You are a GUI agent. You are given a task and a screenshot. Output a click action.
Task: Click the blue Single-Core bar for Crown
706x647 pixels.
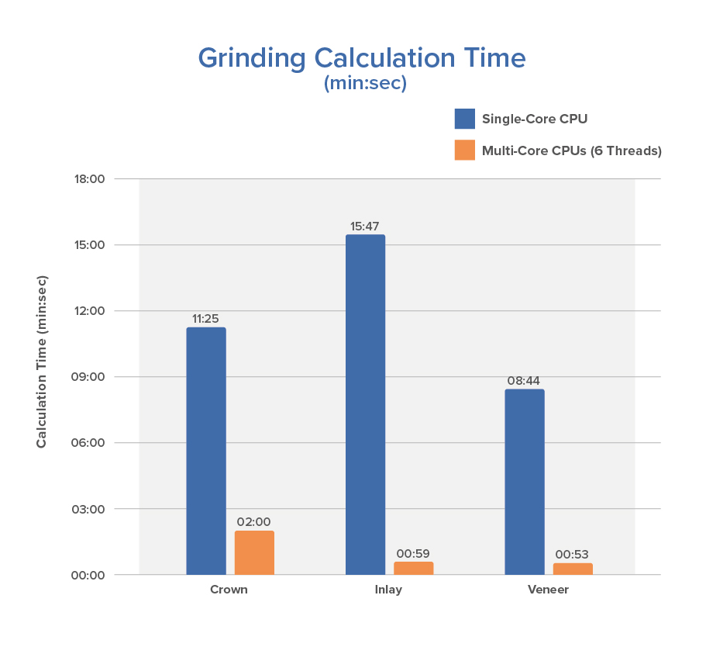[x=206, y=451]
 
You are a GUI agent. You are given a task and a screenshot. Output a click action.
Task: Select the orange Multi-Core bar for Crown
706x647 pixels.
[x=254, y=552]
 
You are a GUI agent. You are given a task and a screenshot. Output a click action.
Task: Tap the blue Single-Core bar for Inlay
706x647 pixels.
[x=365, y=404]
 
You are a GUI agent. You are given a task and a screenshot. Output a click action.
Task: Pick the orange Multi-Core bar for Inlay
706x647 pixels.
[x=413, y=568]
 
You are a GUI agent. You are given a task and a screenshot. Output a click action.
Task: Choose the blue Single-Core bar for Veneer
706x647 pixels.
[x=525, y=482]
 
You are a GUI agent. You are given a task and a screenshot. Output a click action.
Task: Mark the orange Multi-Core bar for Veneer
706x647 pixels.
[x=573, y=569]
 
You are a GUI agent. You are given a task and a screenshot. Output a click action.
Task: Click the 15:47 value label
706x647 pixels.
[x=366, y=226]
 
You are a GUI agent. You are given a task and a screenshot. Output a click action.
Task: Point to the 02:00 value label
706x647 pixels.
[x=254, y=522]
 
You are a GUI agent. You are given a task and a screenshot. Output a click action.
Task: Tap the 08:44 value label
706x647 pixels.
[x=525, y=380]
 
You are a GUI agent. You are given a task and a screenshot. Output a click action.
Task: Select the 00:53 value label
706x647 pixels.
[x=573, y=554]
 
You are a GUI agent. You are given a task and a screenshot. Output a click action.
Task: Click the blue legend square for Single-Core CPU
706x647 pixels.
[x=464, y=119]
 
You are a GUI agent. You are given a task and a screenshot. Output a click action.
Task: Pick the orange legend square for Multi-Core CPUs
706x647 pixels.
[x=464, y=151]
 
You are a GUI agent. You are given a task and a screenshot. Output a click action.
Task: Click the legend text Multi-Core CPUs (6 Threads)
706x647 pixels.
[x=571, y=151]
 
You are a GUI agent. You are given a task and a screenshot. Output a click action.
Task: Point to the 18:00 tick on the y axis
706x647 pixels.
[x=90, y=179]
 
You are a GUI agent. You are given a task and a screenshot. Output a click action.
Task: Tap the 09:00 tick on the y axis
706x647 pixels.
[x=90, y=377]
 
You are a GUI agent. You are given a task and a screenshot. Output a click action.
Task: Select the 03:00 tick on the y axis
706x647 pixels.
[x=90, y=509]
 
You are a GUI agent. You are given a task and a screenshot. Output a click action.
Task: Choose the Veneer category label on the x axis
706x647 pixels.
[x=548, y=590]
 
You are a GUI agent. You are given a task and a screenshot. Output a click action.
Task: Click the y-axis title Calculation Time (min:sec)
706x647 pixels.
[x=42, y=362]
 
